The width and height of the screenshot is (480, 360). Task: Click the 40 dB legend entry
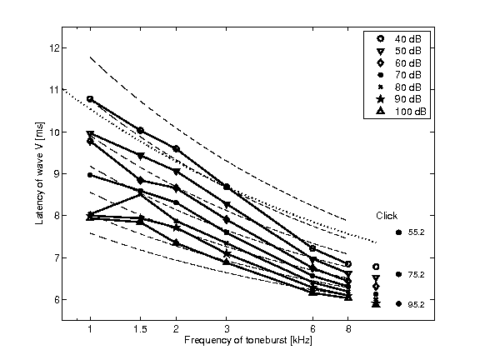(x=396, y=38)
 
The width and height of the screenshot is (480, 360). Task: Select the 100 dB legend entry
(x=396, y=111)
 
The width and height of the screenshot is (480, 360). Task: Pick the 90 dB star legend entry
(x=396, y=99)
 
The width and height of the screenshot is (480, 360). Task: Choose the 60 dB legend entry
(x=396, y=62)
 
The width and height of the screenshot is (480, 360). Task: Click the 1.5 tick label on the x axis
(x=140, y=331)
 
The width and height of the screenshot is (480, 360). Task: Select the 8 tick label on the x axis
(x=347, y=331)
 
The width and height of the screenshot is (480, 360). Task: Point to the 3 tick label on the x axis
(x=227, y=331)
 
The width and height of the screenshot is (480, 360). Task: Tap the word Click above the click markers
(x=387, y=215)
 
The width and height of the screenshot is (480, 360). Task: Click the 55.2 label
(x=417, y=232)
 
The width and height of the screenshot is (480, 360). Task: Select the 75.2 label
(x=417, y=274)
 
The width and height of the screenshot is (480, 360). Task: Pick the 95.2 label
(x=417, y=305)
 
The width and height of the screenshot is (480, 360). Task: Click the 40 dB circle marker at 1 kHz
(x=90, y=99)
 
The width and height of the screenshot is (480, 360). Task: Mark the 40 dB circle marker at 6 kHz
(x=312, y=248)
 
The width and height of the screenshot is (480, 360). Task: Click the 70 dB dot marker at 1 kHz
(x=90, y=175)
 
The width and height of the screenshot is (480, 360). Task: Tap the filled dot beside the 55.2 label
(x=399, y=232)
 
